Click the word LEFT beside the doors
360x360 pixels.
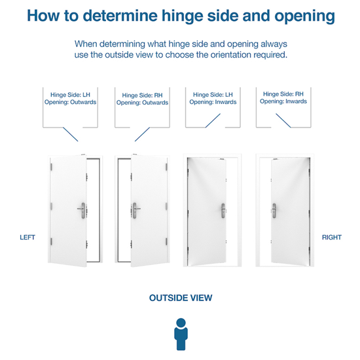click(x=27, y=237)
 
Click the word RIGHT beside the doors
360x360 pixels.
click(x=332, y=237)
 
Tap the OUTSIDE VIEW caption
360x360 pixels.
click(x=181, y=298)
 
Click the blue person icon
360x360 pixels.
click(x=181, y=334)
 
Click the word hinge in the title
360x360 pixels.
click(x=177, y=16)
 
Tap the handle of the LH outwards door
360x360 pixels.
click(x=82, y=210)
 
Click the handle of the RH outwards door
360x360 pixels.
click(x=135, y=210)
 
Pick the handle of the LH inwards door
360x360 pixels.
click(x=223, y=210)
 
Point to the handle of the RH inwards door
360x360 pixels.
click(x=274, y=210)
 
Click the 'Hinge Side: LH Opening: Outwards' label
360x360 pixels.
click(x=70, y=98)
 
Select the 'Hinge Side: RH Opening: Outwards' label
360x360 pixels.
click(x=142, y=99)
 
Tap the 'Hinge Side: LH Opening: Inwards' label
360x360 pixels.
click(x=213, y=98)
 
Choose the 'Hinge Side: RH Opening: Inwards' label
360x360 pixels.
click(x=283, y=98)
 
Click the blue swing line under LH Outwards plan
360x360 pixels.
click(x=71, y=134)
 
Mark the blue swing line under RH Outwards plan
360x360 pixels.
click(x=142, y=134)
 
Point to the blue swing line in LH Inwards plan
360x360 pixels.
click(x=213, y=120)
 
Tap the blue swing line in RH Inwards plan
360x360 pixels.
click(x=283, y=120)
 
